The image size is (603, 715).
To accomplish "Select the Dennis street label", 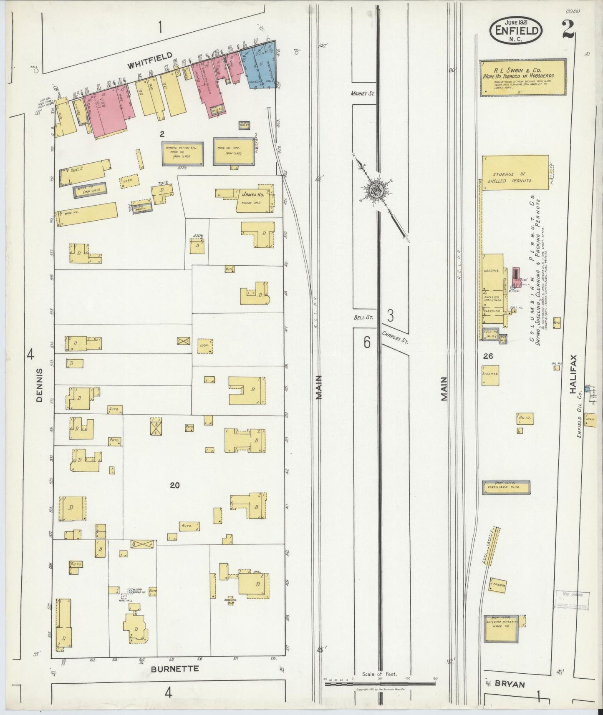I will (x=40, y=385).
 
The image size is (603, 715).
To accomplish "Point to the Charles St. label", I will (x=395, y=337).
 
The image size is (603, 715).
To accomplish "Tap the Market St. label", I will (x=362, y=94).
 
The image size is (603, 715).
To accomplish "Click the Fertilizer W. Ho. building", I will (x=507, y=487).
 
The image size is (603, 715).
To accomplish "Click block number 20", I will (x=175, y=485).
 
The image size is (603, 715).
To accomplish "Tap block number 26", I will (x=488, y=356).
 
